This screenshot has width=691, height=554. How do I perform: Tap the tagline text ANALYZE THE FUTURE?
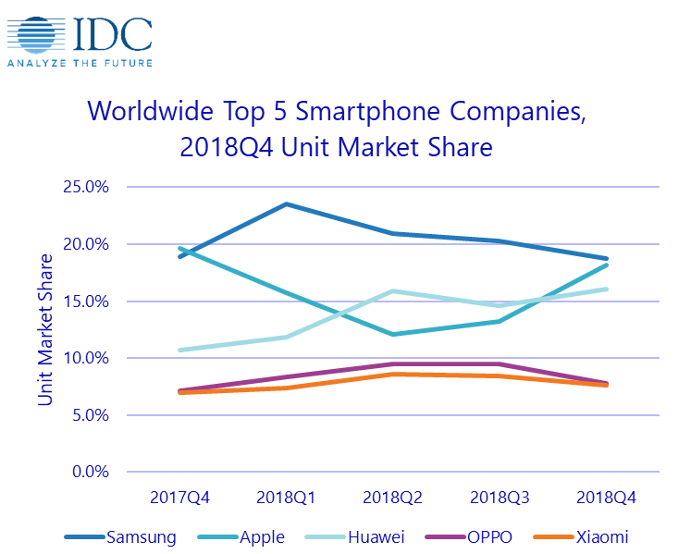[x=79, y=63]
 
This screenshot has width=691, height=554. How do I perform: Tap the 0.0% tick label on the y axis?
[x=92, y=472]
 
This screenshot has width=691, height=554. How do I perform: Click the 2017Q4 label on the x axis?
[x=179, y=498]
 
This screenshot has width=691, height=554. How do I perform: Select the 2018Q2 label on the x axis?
[x=393, y=498]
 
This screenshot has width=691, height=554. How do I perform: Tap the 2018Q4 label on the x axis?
[x=606, y=498]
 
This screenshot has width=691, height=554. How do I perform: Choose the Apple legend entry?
[x=262, y=536]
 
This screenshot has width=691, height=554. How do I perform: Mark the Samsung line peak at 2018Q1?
[x=287, y=203]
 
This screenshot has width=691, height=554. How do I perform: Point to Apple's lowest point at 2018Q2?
[x=393, y=334]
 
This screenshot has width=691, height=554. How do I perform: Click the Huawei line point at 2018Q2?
[x=393, y=291]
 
